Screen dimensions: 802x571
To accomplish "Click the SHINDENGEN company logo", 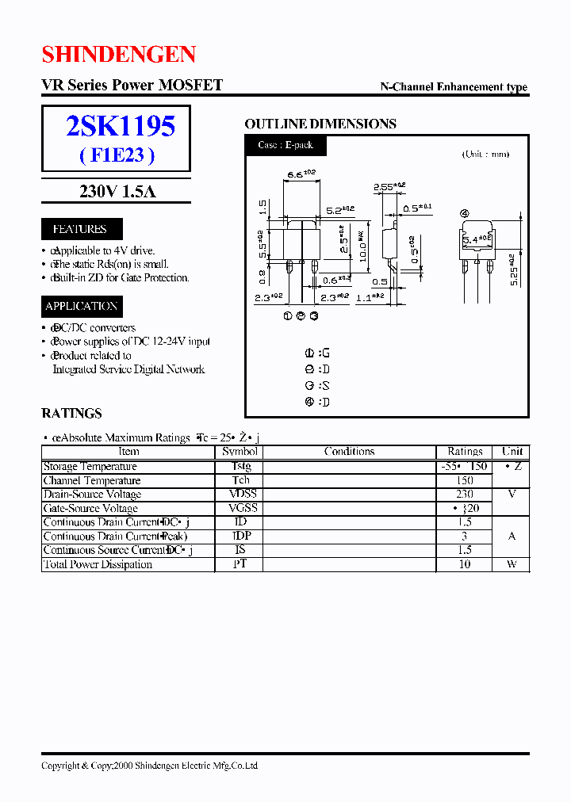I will pos(119,54).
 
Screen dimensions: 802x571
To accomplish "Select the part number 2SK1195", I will pos(121,126).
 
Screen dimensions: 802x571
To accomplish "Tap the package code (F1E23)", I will pos(117,155).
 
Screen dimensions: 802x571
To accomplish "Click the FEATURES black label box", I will pos(79,229).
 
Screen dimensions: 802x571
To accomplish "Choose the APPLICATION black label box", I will pos(82,306).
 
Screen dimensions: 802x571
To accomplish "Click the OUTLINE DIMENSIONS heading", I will pos(320,124).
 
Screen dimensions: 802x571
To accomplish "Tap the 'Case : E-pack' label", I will pos(285,146).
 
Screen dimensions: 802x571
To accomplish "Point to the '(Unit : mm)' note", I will pos(485,155).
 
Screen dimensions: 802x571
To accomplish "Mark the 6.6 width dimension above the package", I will pos(301,174).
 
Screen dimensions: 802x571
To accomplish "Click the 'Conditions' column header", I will pos(349,452).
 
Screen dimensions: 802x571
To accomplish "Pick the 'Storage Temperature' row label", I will pos(90,467).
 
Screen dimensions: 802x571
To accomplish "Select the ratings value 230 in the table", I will pos(465,495).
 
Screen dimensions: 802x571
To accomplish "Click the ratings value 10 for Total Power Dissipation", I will pos(465,564).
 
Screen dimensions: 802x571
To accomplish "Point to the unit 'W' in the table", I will pos(512,564).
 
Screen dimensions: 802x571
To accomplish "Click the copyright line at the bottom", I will pos(149,766).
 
